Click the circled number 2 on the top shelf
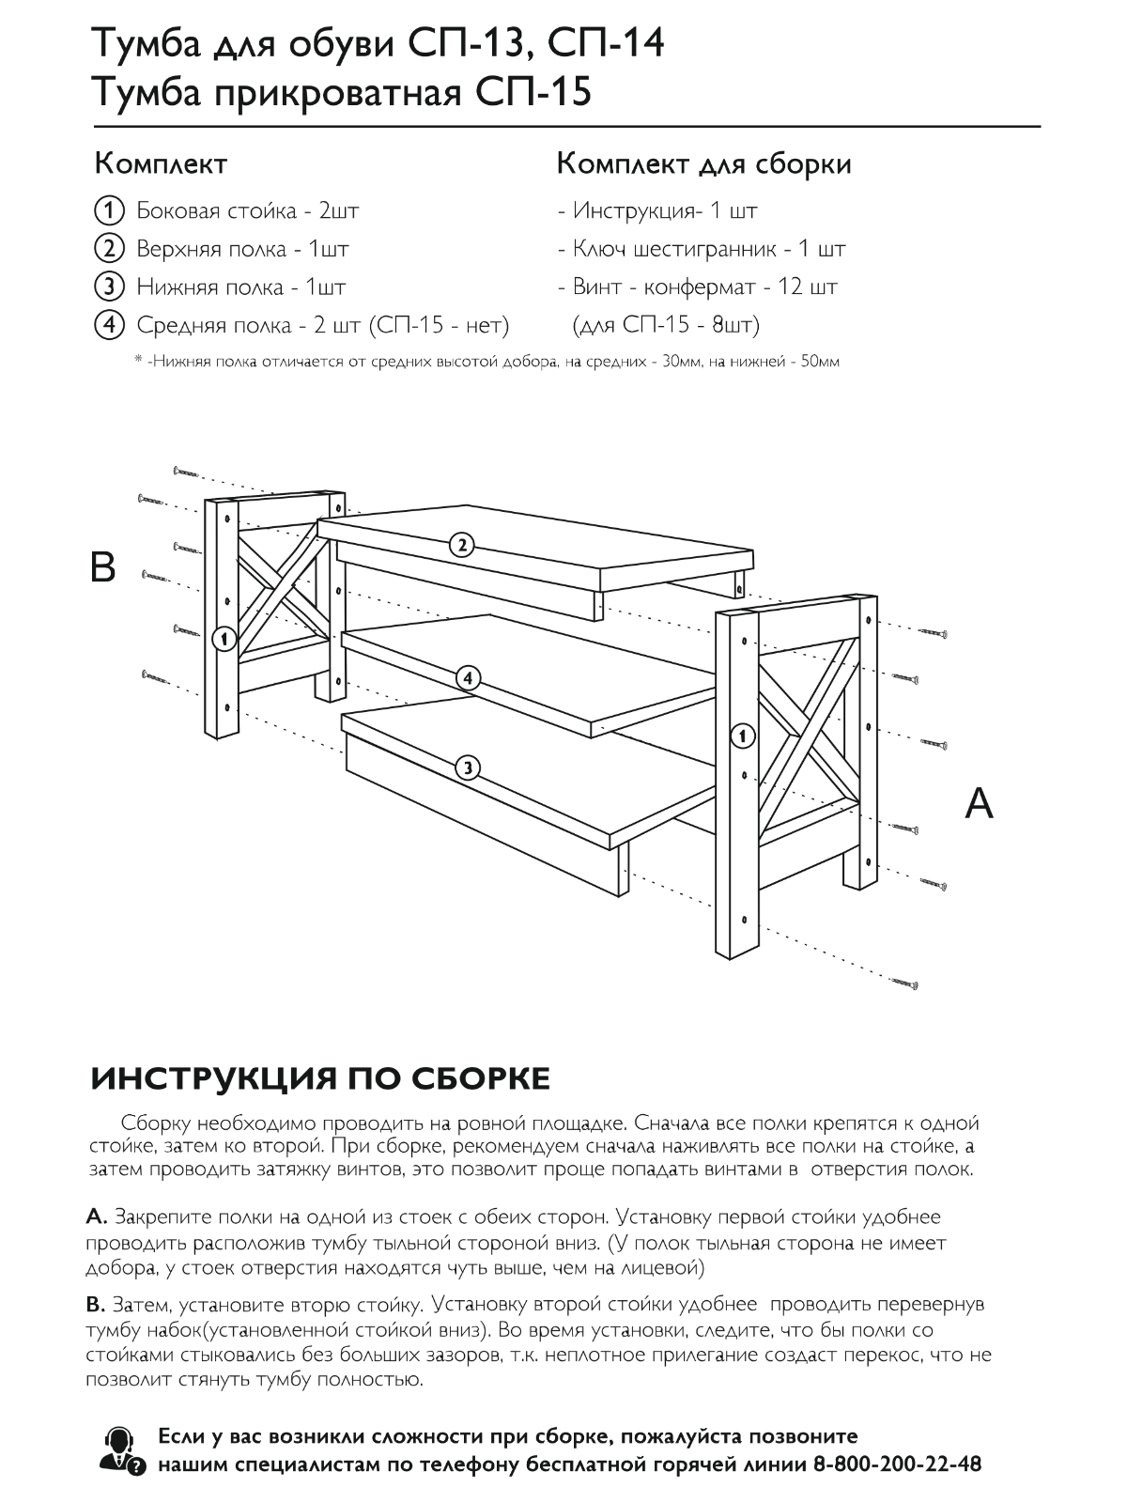click(x=460, y=544)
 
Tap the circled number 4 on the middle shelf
click(x=468, y=677)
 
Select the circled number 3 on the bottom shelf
click(x=467, y=767)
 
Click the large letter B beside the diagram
click(x=101, y=567)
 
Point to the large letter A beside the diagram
click(x=979, y=803)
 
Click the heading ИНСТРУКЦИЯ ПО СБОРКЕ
click(x=320, y=1078)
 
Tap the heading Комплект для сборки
click(x=703, y=164)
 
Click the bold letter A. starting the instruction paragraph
click(x=97, y=1217)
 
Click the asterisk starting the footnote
click(x=138, y=361)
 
